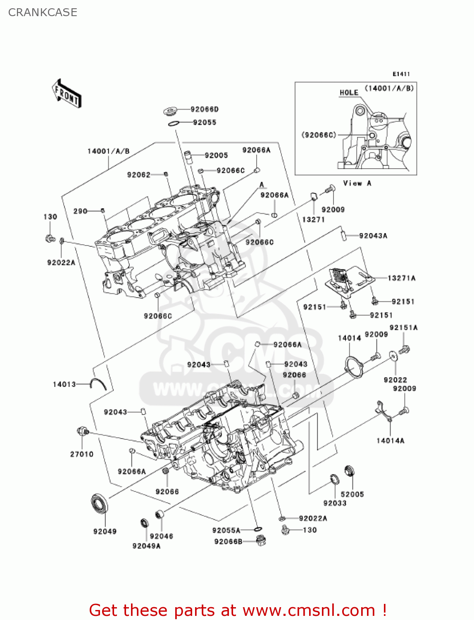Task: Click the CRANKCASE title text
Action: [x=43, y=12]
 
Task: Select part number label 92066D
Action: [x=205, y=109]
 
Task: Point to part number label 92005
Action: [x=216, y=155]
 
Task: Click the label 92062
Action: [x=138, y=175]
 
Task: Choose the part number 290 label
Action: [x=80, y=211]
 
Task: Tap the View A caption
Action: [x=357, y=183]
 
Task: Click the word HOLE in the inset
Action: [x=349, y=93]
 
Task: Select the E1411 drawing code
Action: [x=401, y=74]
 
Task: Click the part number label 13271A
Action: [x=401, y=278]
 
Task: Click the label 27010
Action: [x=81, y=454]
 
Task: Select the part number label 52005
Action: [x=352, y=494]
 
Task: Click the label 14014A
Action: [x=390, y=441]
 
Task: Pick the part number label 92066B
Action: [x=228, y=541]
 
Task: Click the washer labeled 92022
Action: [x=393, y=355]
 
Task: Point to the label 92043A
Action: [x=373, y=236]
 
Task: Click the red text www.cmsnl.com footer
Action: [x=238, y=610]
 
